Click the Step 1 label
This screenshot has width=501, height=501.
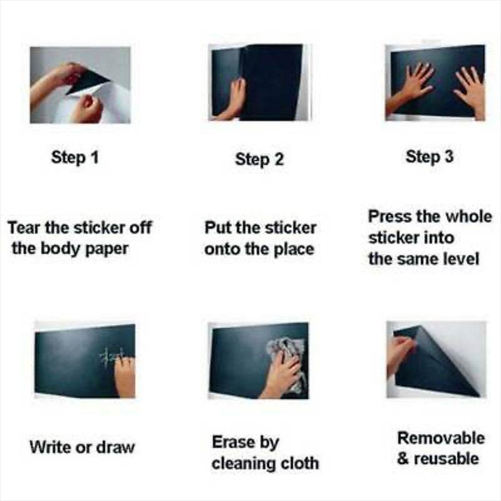tap(75, 157)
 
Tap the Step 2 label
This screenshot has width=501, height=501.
tap(259, 159)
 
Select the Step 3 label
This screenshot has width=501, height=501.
tap(429, 157)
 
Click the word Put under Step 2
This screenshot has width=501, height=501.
tap(217, 227)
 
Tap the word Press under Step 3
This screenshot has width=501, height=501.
tap(389, 217)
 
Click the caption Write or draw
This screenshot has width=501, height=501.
tap(81, 447)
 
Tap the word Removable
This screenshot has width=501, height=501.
tap(441, 437)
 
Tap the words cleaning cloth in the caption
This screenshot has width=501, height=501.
tap(265, 463)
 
